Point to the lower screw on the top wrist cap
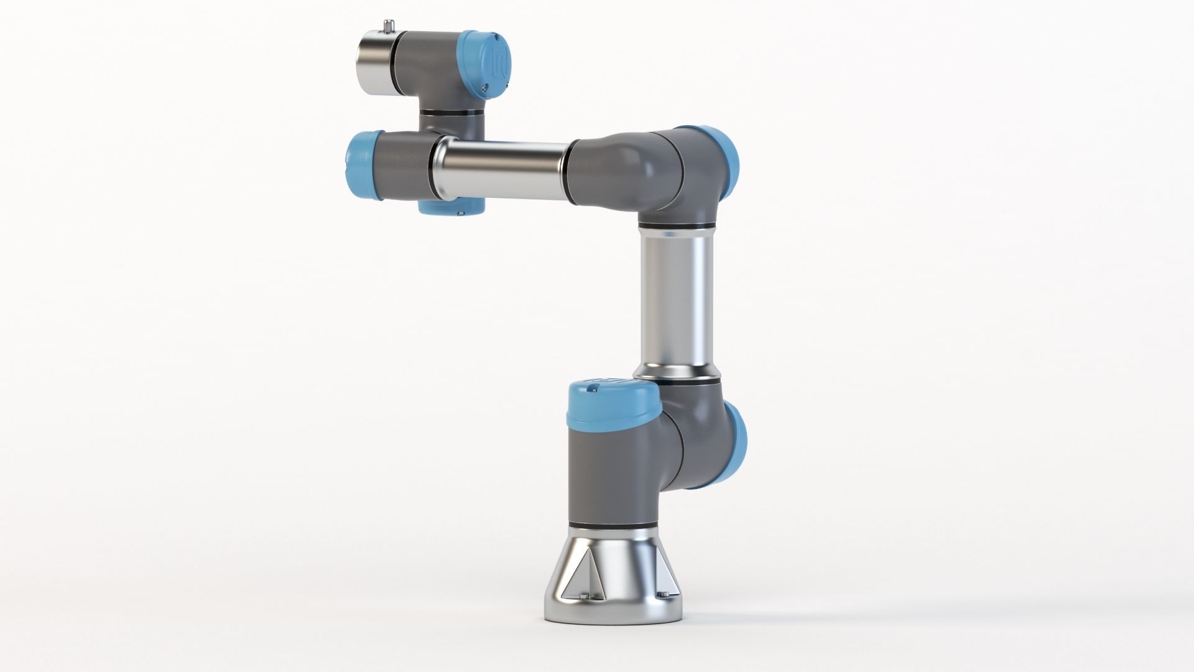pyautogui.click(x=483, y=88)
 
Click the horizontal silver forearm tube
pyautogui.click(x=501, y=170)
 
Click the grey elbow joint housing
pyautogui.click(x=659, y=171)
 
